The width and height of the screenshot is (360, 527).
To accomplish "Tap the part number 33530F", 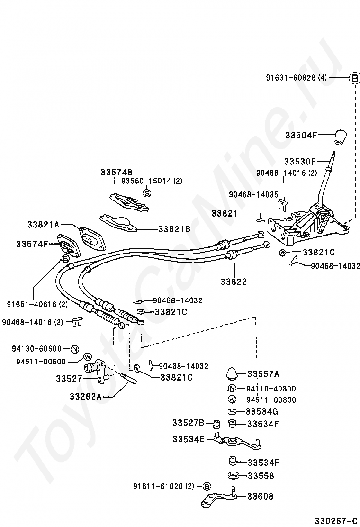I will [x=300, y=162].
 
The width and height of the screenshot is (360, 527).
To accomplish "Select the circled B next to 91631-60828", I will [x=354, y=78].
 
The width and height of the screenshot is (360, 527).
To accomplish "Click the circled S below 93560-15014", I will [x=147, y=193].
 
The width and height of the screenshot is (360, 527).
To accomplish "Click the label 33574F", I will [x=32, y=244].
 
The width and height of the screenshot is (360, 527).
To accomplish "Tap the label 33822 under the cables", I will [x=233, y=282].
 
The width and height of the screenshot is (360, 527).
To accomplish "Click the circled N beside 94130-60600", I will [x=74, y=349].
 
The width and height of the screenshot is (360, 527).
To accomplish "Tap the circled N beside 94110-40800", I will [x=232, y=388].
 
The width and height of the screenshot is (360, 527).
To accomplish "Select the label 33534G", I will [x=262, y=411].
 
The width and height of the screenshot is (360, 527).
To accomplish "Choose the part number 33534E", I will [x=188, y=439].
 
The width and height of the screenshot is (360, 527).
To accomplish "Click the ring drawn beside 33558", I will [x=233, y=475].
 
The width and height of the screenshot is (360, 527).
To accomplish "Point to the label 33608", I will [x=260, y=496].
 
